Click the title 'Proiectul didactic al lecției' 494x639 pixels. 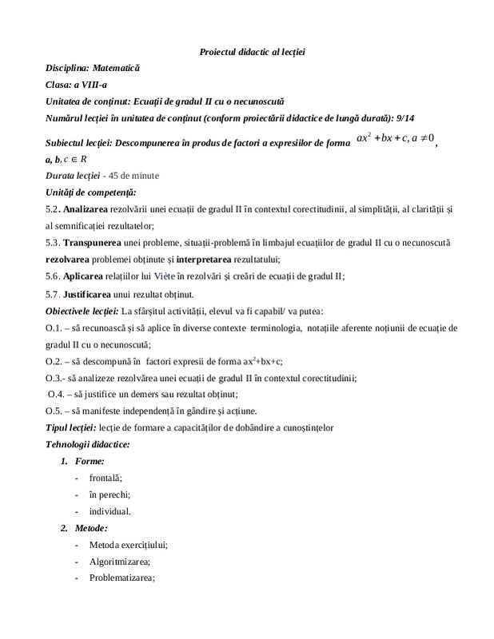tap(252, 52)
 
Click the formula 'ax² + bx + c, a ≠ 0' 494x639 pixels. tap(395, 138)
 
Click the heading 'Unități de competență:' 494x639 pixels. tap(91, 192)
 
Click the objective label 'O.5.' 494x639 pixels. tap(54, 411)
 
